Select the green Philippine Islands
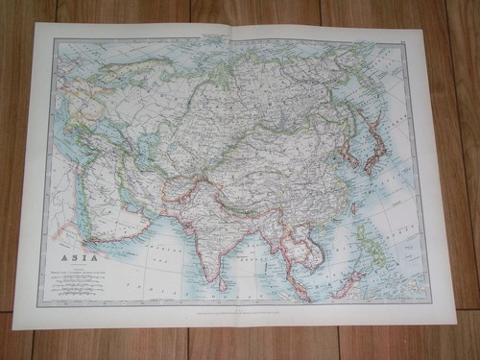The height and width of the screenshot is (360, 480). [371, 245]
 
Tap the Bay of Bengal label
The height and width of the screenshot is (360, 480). [245, 252]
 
